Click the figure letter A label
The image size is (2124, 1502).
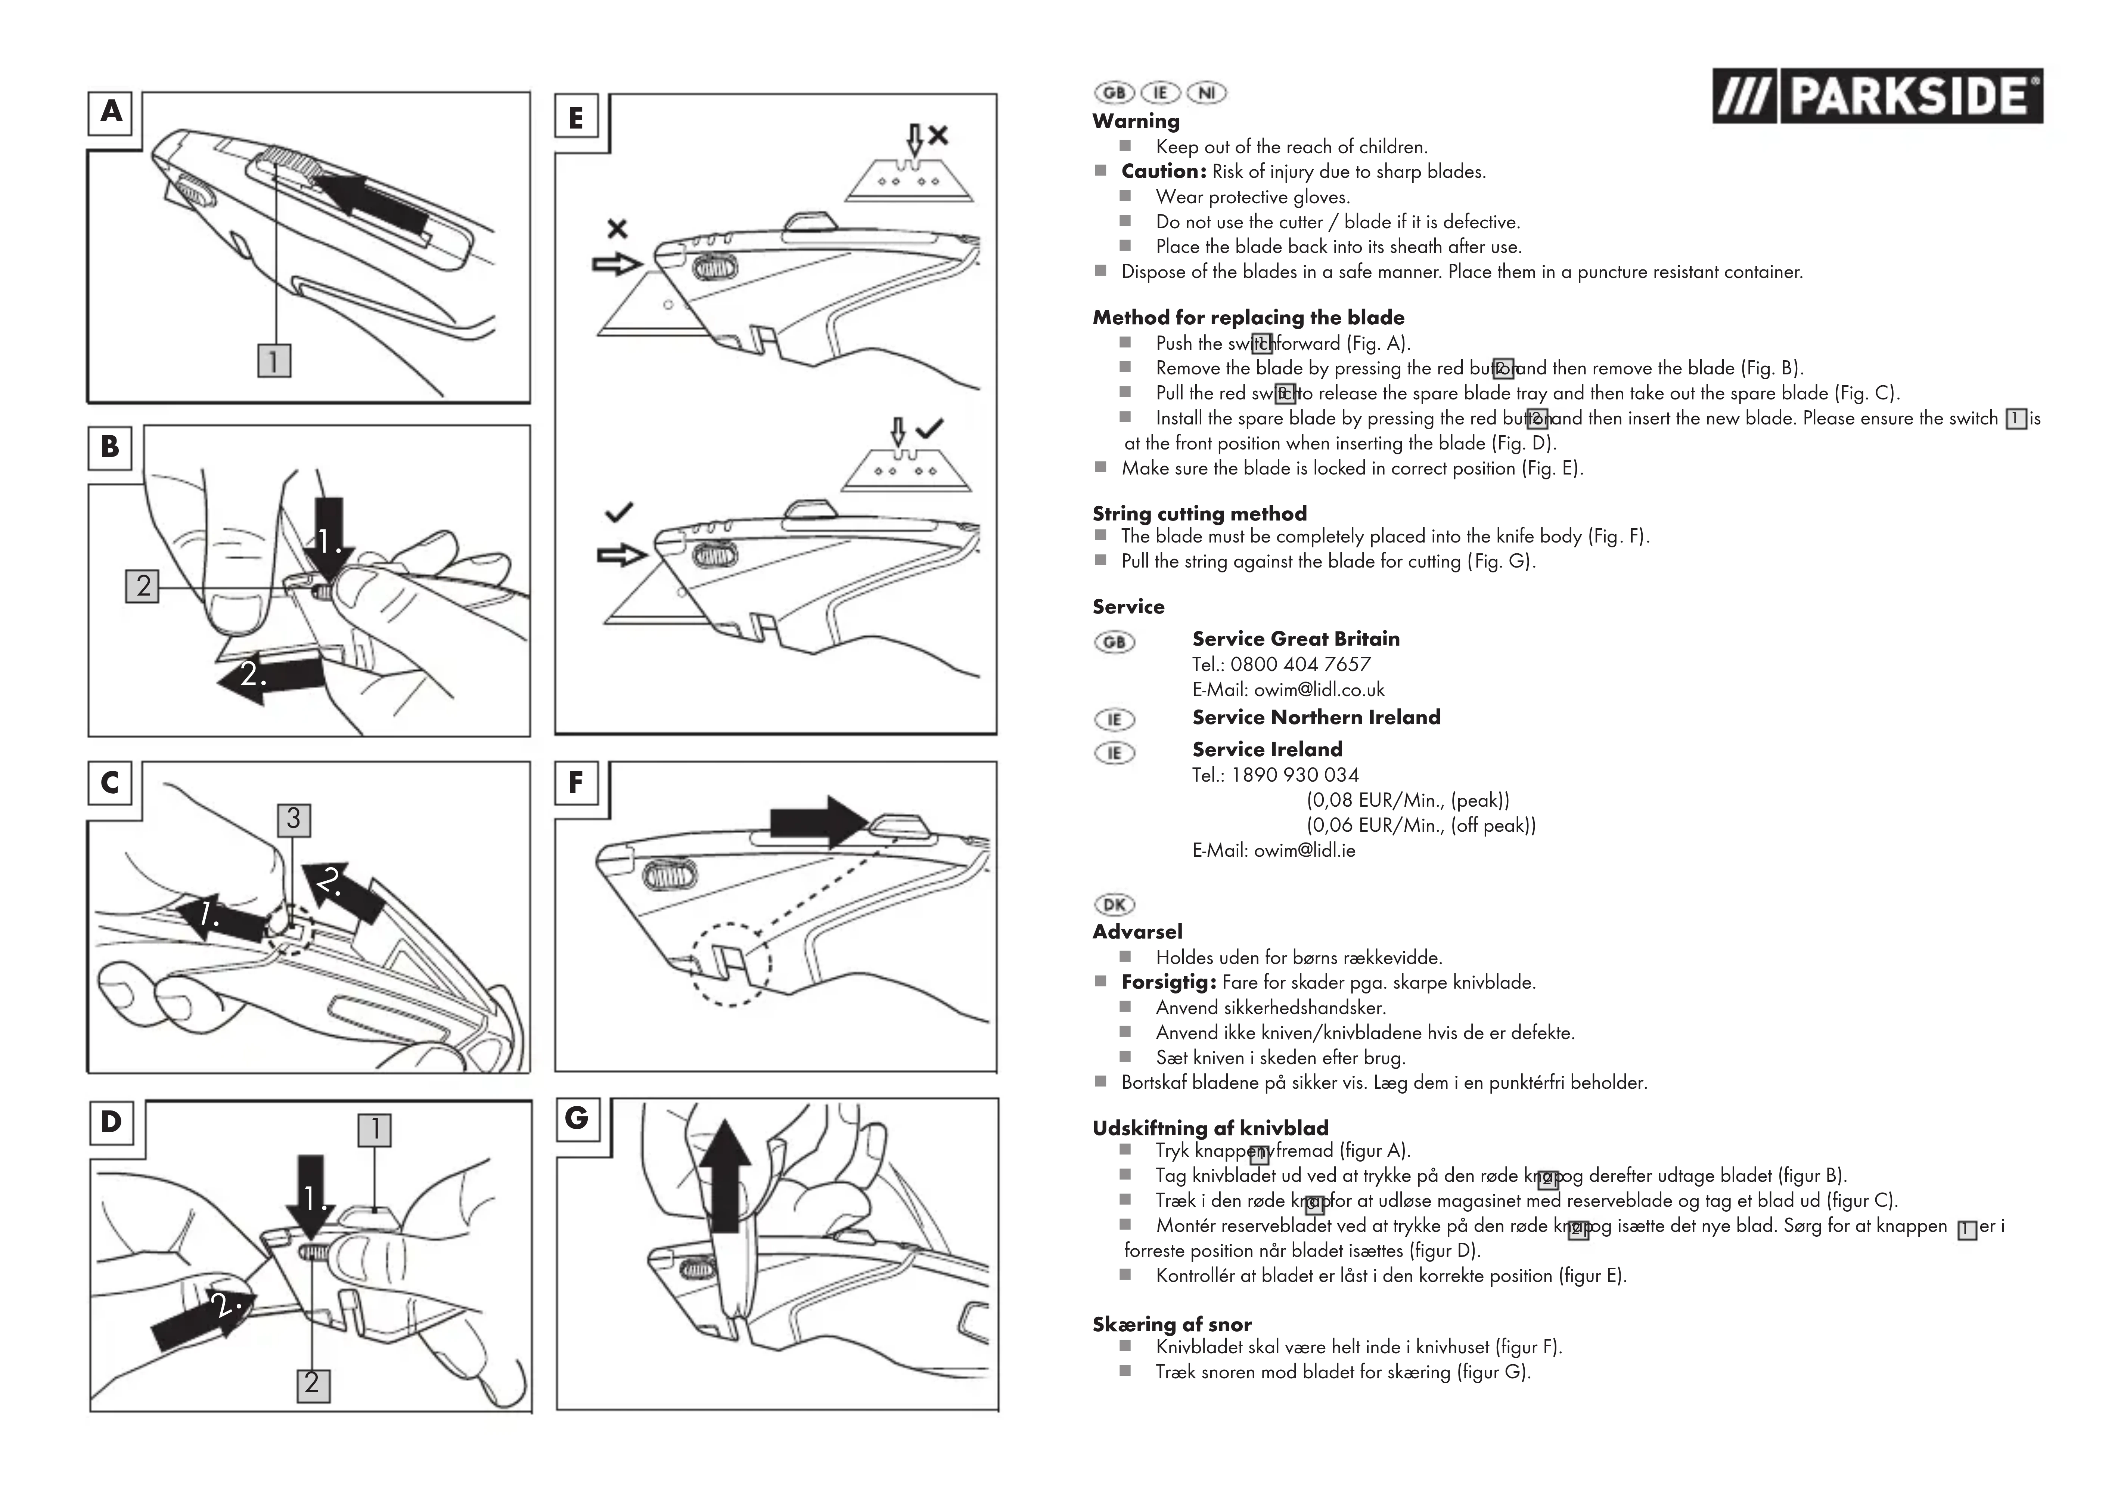point(111,112)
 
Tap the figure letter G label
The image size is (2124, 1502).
point(576,1118)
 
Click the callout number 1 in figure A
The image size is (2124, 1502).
point(274,360)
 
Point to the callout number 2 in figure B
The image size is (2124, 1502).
point(143,586)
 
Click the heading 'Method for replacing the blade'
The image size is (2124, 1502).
point(1248,318)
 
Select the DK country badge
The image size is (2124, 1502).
point(1114,904)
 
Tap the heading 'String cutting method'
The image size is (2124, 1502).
point(1199,514)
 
